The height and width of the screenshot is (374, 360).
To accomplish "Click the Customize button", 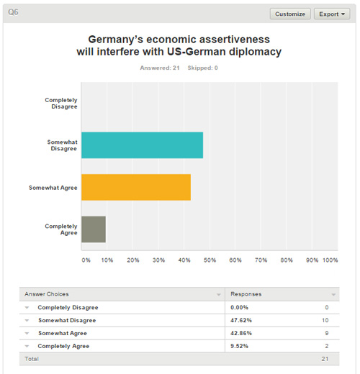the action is pos(290,14).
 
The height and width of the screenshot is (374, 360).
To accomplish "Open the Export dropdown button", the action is pos(332,14).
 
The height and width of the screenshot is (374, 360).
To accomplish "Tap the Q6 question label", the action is pos(13,12).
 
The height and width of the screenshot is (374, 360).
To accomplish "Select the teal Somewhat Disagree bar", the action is pos(142,145).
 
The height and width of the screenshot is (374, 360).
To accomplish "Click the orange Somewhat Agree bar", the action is pos(136,187).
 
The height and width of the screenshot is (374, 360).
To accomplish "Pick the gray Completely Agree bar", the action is pos(94,229).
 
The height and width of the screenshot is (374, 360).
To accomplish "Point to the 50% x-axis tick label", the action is pos(210,260).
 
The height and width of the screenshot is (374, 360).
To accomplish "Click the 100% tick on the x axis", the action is pos(330,260).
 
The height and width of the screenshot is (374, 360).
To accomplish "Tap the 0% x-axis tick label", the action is pos(86,260).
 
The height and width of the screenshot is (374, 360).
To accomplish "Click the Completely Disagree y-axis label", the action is pos(61,103).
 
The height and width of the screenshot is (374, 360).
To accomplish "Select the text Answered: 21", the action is pos(160,68).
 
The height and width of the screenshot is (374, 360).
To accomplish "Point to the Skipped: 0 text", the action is pos(203,68).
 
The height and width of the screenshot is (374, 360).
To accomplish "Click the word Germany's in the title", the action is pos(116,40).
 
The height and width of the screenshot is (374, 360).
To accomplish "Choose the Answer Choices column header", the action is pos(47,294).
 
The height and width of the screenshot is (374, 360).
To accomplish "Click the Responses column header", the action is pos(246,294).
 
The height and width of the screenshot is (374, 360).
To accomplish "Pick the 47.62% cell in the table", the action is pos(241,320).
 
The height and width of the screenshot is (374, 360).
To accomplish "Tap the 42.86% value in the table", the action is pos(241,333).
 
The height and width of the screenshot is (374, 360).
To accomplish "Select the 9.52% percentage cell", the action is pos(239,346).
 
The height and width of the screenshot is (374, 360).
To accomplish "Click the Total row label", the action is pos(32,359).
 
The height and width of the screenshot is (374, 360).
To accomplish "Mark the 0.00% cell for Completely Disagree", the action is pos(239,307).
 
